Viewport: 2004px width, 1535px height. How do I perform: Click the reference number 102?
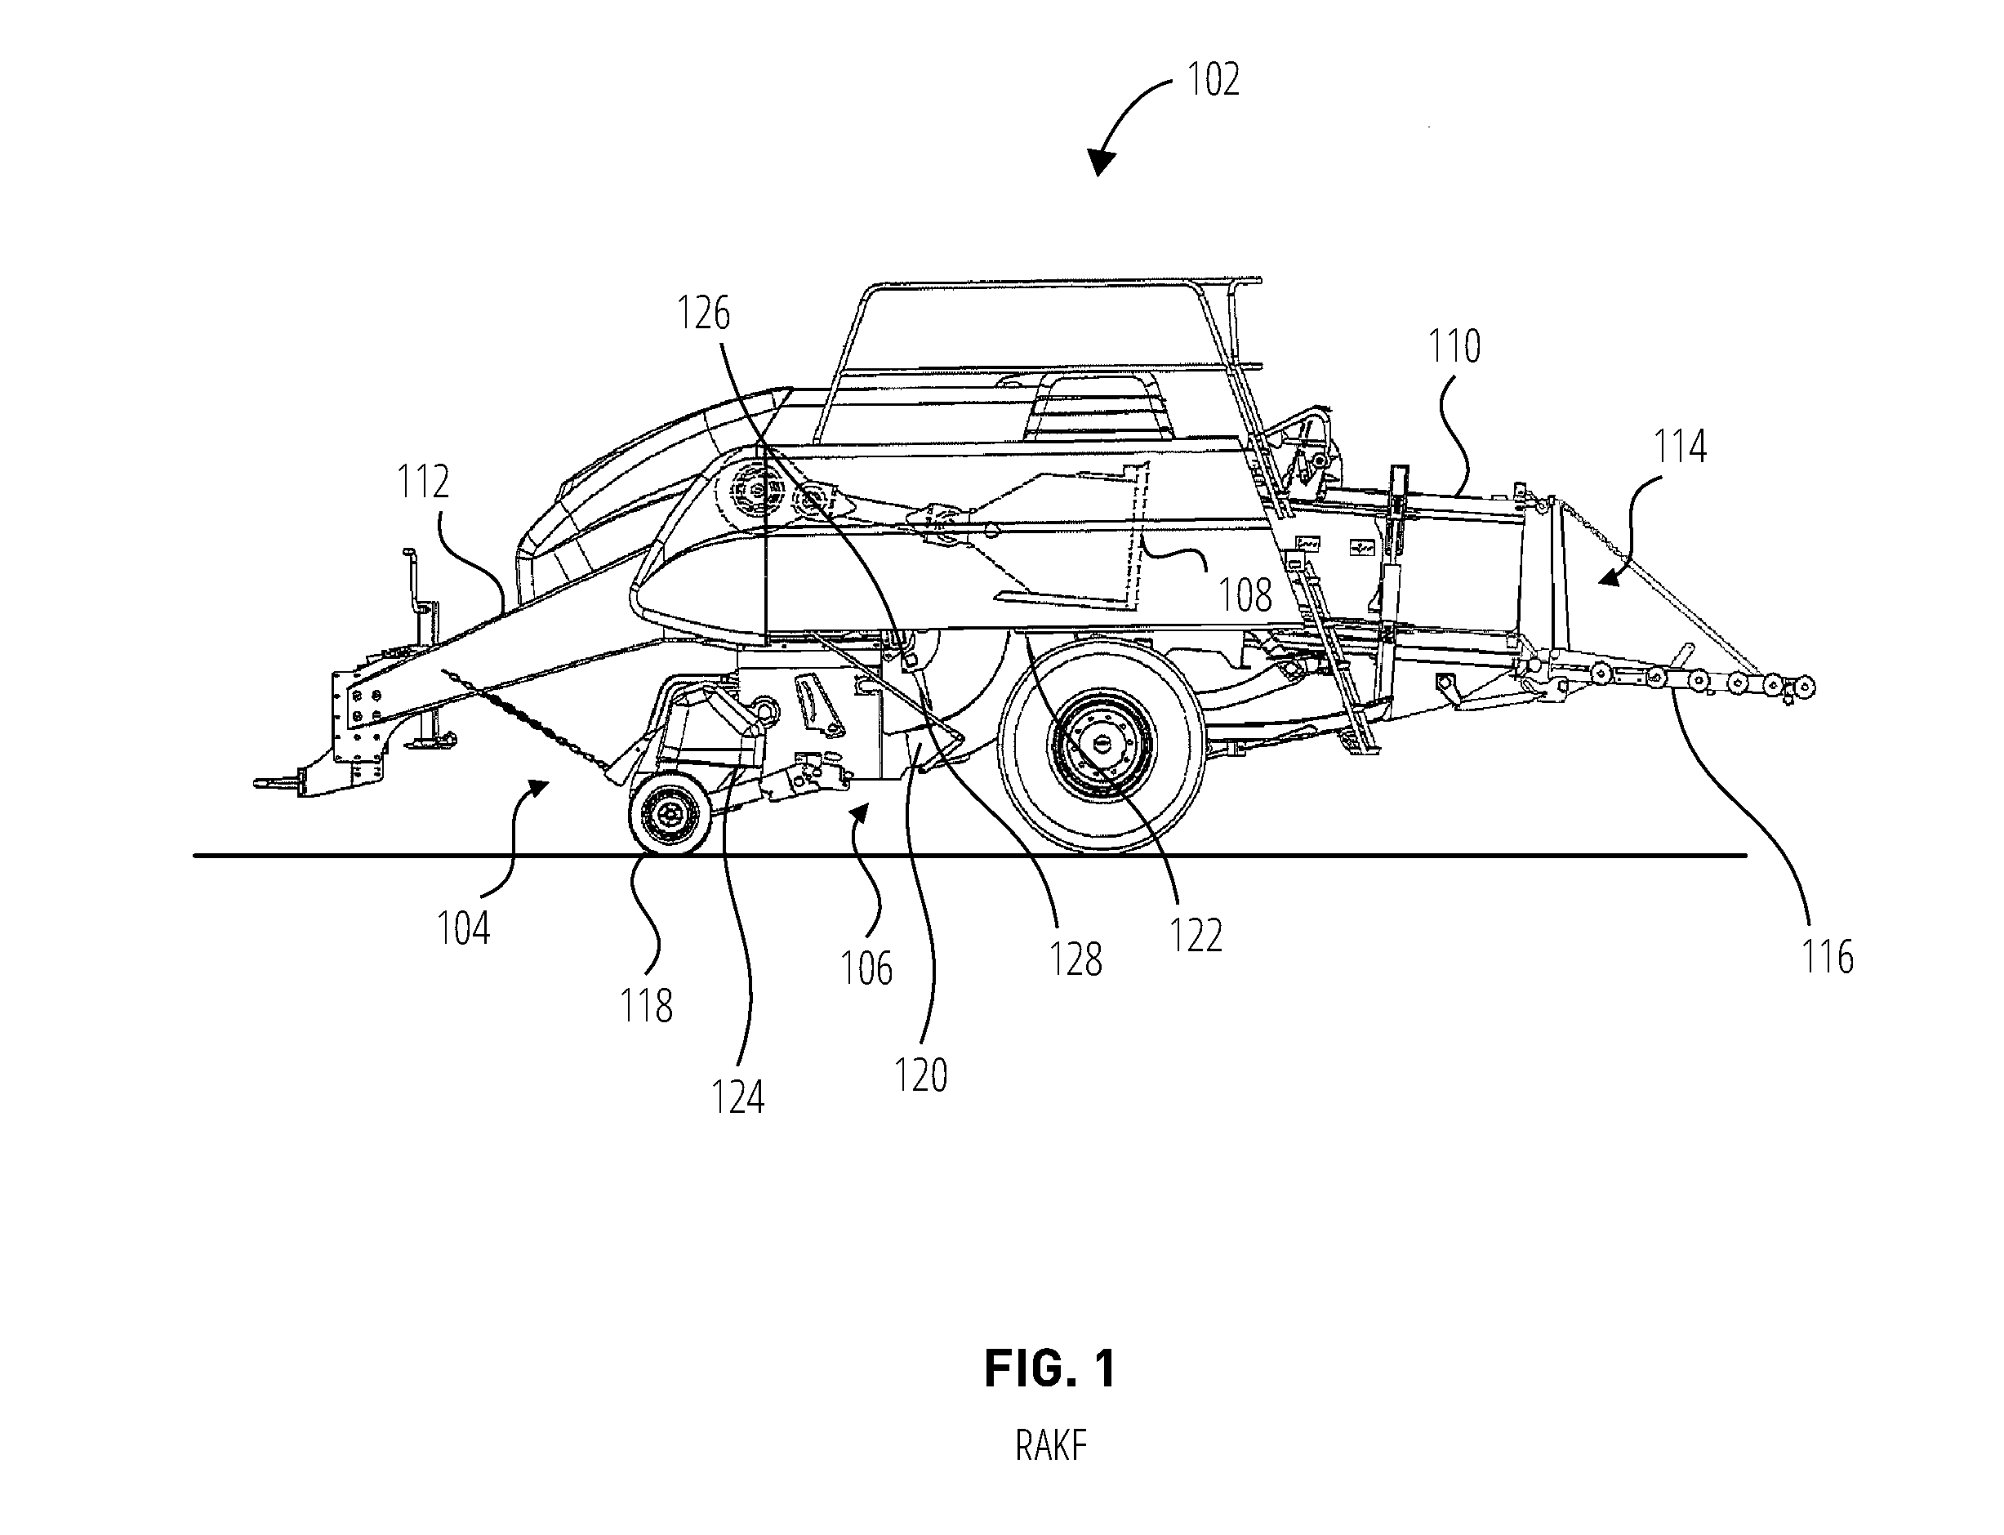1213,79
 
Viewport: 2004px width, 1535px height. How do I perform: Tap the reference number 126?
704,314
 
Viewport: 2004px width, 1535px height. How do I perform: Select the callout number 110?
1454,346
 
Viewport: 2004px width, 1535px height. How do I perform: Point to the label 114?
1680,447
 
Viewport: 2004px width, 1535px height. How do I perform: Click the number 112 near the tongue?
423,482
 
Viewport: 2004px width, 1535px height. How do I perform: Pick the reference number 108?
1245,596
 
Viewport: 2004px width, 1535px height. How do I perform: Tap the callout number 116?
1827,957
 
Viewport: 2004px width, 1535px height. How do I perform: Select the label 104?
463,928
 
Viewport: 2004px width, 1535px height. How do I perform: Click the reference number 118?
646,1006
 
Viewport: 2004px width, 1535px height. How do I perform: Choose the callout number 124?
737,1097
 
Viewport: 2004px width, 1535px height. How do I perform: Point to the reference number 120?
920,1075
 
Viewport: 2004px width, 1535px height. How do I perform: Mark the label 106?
866,968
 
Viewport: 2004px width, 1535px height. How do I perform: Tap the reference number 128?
1075,959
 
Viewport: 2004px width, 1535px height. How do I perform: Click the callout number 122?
1196,936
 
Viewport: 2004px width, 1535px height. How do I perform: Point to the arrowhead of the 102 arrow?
1101,162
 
